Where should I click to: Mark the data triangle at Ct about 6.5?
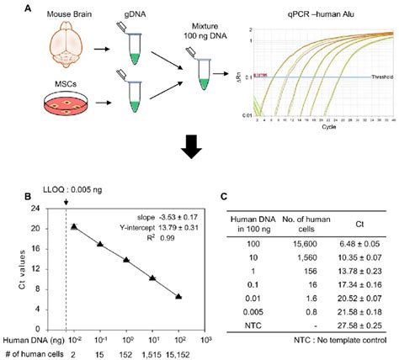178,296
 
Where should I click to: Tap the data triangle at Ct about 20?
75,226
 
